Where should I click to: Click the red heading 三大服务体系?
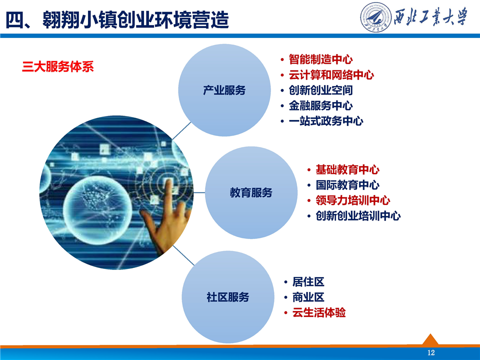(58, 66)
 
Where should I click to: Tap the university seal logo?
(375, 17)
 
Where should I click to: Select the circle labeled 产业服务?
(224, 90)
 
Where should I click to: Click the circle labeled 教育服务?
(251, 192)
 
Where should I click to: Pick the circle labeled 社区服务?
(228, 297)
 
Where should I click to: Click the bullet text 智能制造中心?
(320, 59)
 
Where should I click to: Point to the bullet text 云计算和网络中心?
(331, 74)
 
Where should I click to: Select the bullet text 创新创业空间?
(320, 90)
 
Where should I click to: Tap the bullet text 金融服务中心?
(320, 105)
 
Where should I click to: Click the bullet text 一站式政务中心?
(325, 121)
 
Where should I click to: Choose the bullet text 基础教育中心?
(347, 169)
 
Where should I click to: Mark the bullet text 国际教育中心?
(347, 185)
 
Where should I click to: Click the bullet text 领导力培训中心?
(352, 200)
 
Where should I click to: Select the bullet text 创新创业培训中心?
(358, 216)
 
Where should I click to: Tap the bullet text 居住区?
(308, 281)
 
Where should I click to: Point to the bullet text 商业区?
(308, 297)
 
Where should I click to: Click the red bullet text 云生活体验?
(319, 312)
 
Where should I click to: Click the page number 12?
(430, 352)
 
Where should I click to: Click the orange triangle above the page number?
(430, 339)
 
